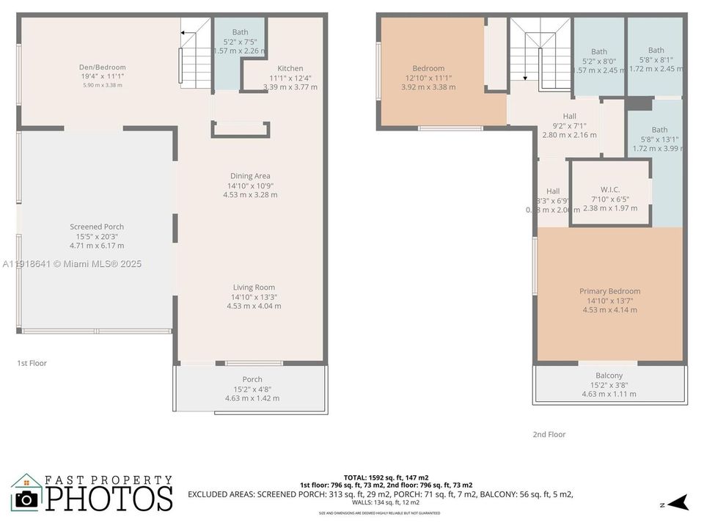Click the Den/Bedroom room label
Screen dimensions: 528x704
(102, 67)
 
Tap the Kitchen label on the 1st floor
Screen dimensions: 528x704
(290, 68)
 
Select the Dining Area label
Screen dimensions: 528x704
(250, 176)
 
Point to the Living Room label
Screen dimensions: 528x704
(254, 287)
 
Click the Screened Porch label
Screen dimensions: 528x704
(97, 227)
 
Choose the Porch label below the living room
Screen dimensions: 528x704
(252, 380)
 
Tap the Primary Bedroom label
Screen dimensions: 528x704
(609, 291)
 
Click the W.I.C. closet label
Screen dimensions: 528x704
(610, 189)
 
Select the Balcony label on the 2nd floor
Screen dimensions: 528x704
(609, 375)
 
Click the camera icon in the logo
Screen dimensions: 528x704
(26, 499)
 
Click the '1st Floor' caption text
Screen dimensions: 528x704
(32, 363)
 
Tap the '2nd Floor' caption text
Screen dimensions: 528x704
(549, 434)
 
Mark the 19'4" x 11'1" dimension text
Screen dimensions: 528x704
(102, 76)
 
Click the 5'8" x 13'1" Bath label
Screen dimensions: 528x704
(659, 139)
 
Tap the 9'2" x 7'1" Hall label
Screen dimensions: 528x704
(569, 125)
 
